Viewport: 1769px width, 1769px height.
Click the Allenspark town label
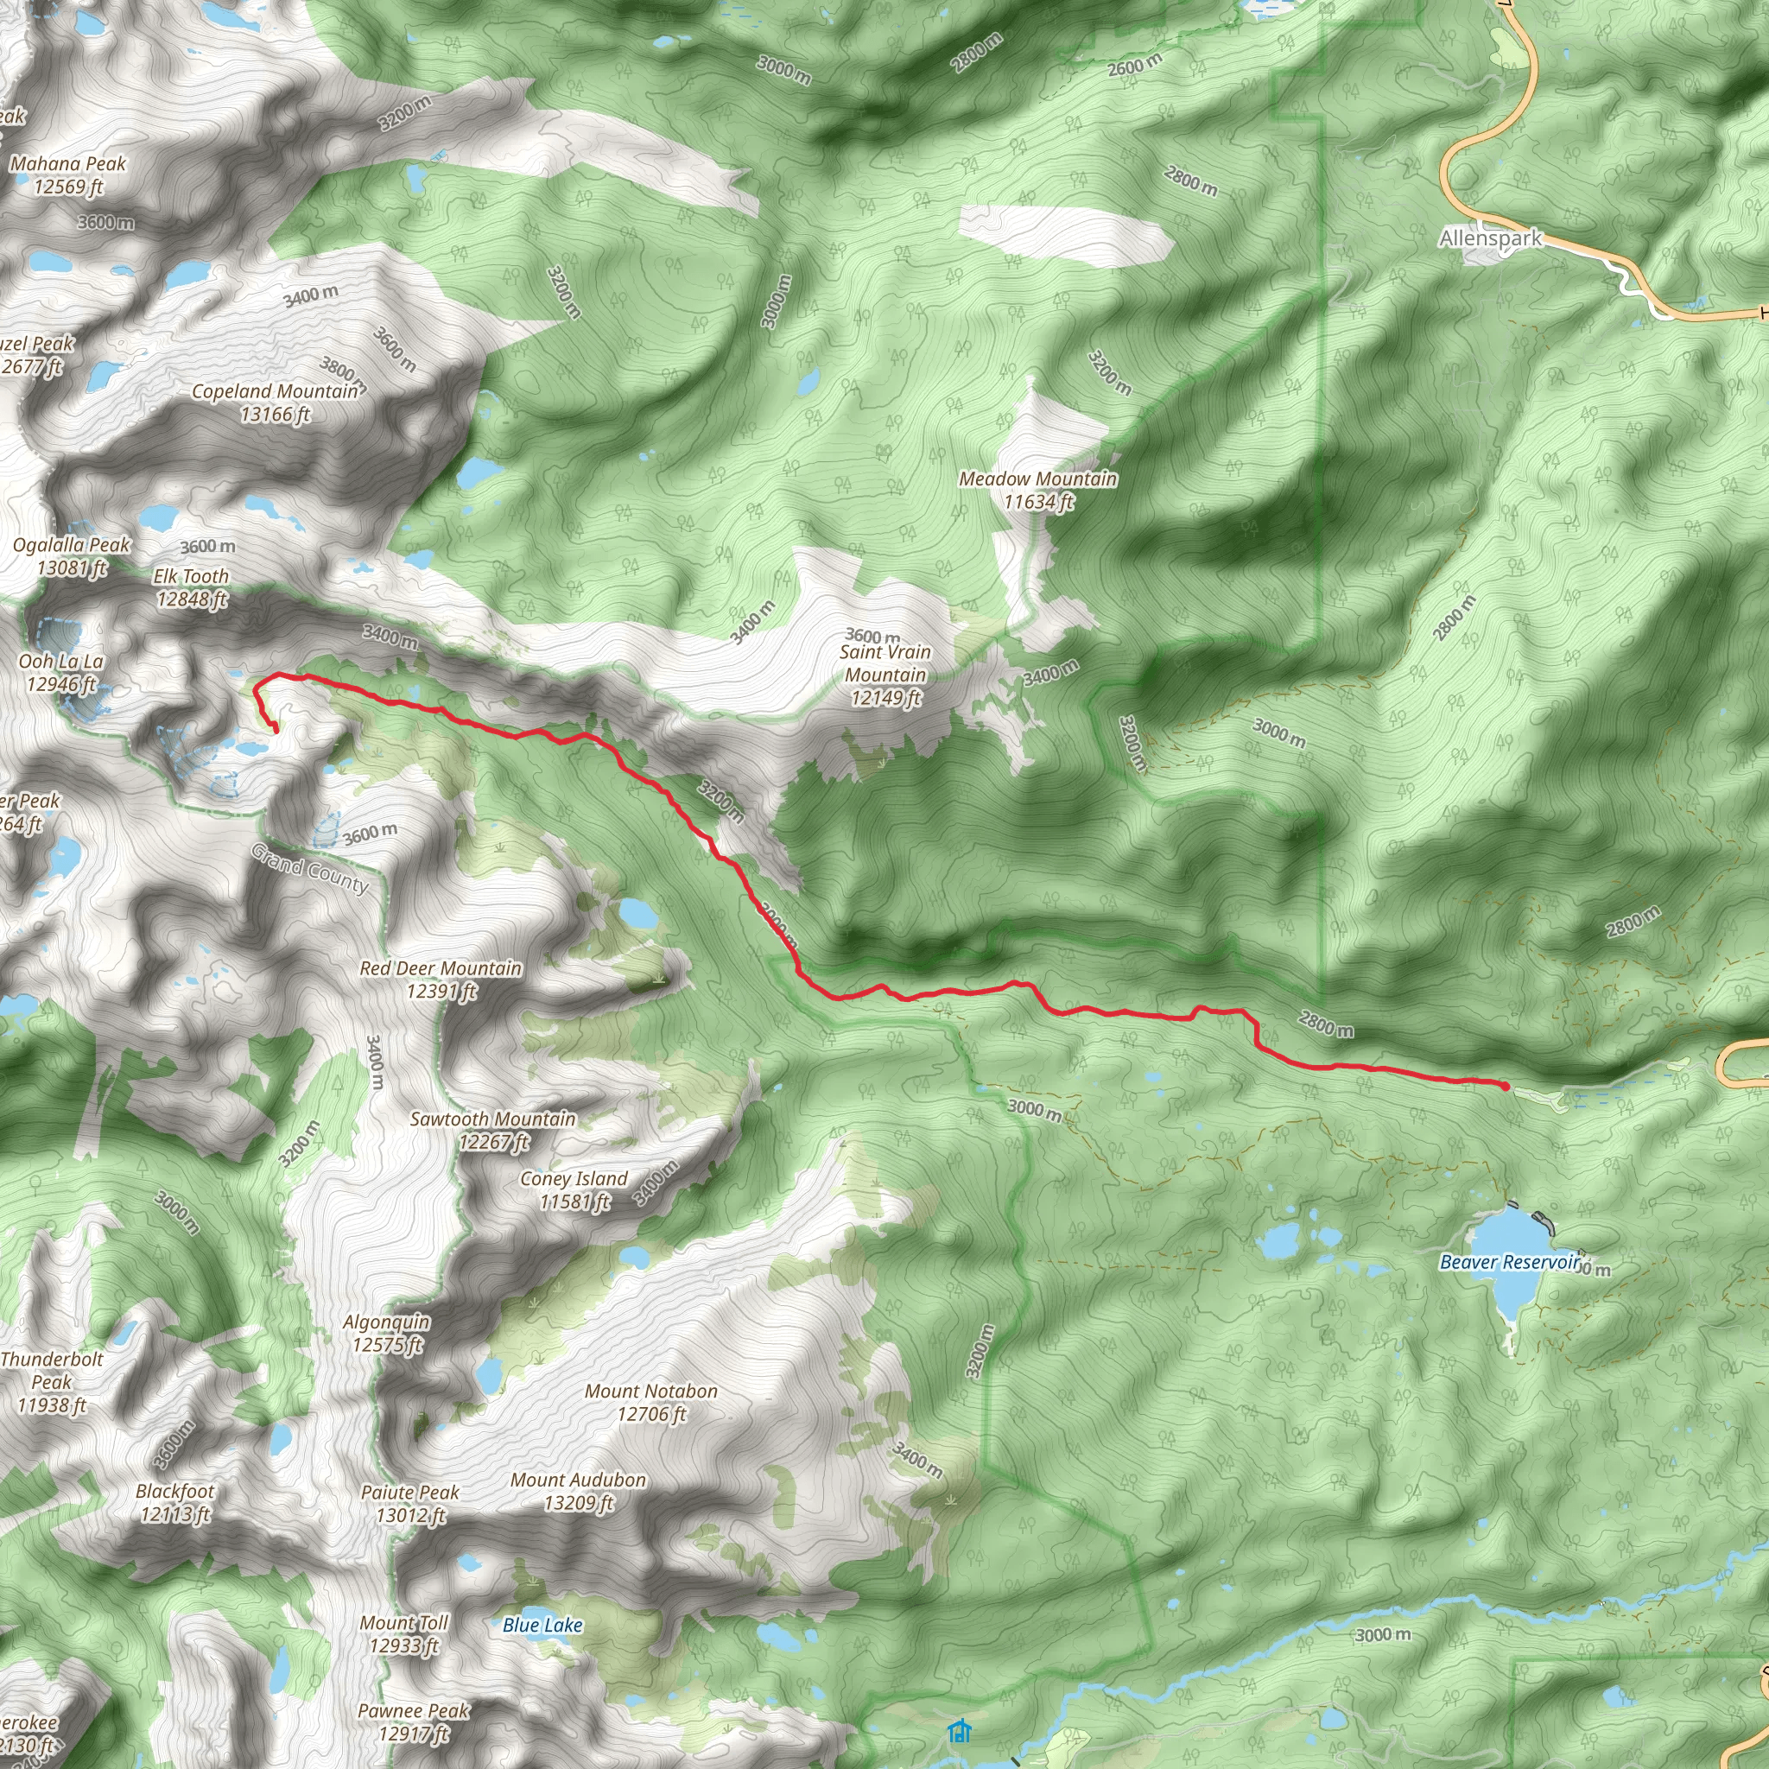1490,239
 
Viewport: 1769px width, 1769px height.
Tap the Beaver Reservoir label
1510,1262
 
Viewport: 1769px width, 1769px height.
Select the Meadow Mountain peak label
1037,490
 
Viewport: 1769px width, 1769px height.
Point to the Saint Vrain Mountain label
884,675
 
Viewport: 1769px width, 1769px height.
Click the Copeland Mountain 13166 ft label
275,403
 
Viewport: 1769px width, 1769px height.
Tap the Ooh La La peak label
60,672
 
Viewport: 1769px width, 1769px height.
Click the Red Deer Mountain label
441,979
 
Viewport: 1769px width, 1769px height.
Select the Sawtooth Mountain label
492,1130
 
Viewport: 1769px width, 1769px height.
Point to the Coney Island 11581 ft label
574,1189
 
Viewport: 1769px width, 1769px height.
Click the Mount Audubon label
578,1491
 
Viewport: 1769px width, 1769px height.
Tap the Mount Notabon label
651,1402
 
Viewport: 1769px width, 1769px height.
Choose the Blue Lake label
542,1626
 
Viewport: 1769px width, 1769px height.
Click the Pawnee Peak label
413,1721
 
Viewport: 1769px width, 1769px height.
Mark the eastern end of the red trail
1506,1086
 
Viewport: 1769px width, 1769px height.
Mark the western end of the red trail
276,730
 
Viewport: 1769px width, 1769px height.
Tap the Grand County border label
310,868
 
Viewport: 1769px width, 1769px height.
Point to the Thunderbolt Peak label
51,1382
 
